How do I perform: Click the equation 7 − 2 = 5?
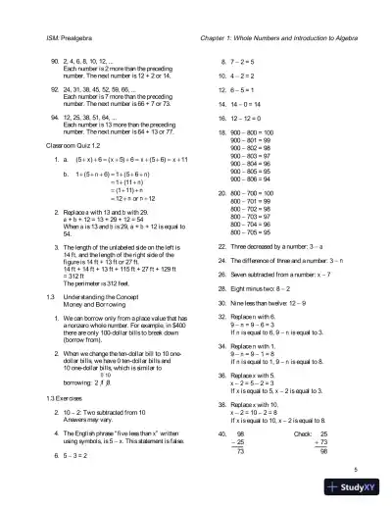[x=230, y=61]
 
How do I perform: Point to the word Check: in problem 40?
[x=305, y=432]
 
